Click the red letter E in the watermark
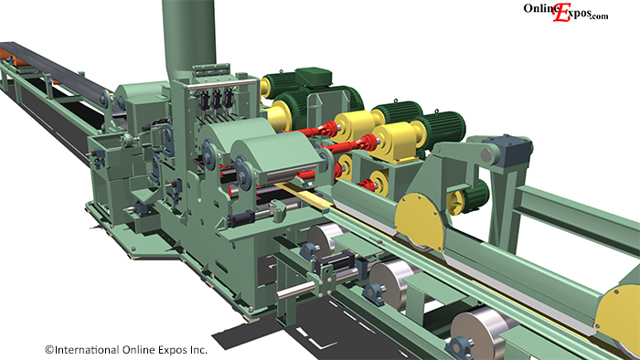[561, 12]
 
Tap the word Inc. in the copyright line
[198, 349]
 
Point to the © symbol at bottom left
[49, 349]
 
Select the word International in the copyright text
[87, 349]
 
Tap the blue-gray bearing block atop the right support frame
[507, 149]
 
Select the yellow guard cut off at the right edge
[618, 314]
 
